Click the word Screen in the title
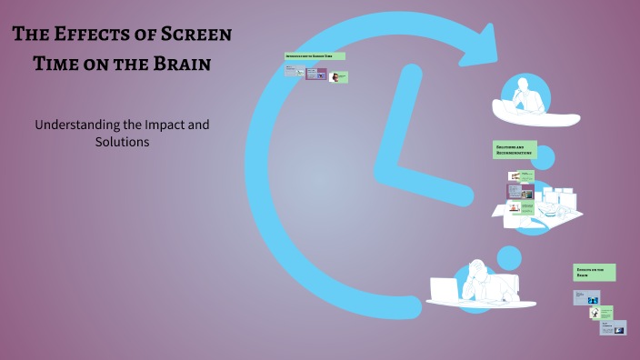pyautogui.click(x=190, y=35)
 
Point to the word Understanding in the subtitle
pyautogui.click(x=78, y=124)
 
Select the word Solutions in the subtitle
pyautogui.click(x=122, y=142)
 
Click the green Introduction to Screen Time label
pyautogui.click(x=315, y=56)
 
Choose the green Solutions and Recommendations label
pyautogui.click(x=515, y=149)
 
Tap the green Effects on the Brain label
pyautogui.click(x=595, y=272)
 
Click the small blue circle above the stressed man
pyautogui.click(x=509, y=257)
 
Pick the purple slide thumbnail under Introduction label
pyautogui.click(x=316, y=75)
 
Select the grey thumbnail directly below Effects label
pyautogui.click(x=586, y=297)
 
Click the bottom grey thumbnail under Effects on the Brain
pyautogui.click(x=613, y=327)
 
